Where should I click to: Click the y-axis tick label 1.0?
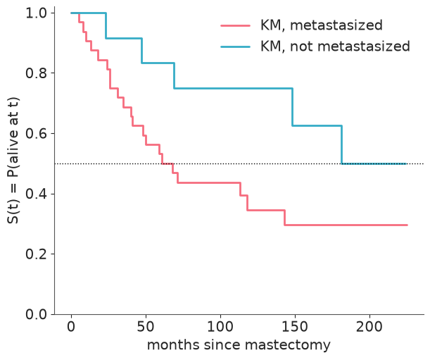pos(36,13)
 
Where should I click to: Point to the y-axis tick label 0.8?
pos(36,73)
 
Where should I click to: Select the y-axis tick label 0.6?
pos(36,133)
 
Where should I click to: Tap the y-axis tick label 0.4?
pos(36,194)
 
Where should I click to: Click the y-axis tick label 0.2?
pos(36,254)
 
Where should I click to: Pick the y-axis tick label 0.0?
pos(36,314)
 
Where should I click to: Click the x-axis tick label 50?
pos(146,327)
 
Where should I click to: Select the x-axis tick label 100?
pos(220,327)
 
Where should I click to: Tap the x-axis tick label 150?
pos(295,327)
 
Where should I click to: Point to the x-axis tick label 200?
pos(369,327)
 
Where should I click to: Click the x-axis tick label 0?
pos(71,327)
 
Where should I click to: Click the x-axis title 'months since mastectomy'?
pos(239,345)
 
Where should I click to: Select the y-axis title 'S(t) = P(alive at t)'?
pos(13,161)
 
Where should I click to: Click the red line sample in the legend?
pos(236,25)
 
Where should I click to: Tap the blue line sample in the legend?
pos(236,46)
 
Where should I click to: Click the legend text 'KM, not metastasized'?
pos(335,46)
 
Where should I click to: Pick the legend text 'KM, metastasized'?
pos(322,25)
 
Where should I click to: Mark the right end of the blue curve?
pos(406,163)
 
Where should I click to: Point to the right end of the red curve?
pos(407,225)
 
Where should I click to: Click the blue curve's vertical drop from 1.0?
pos(106,25)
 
